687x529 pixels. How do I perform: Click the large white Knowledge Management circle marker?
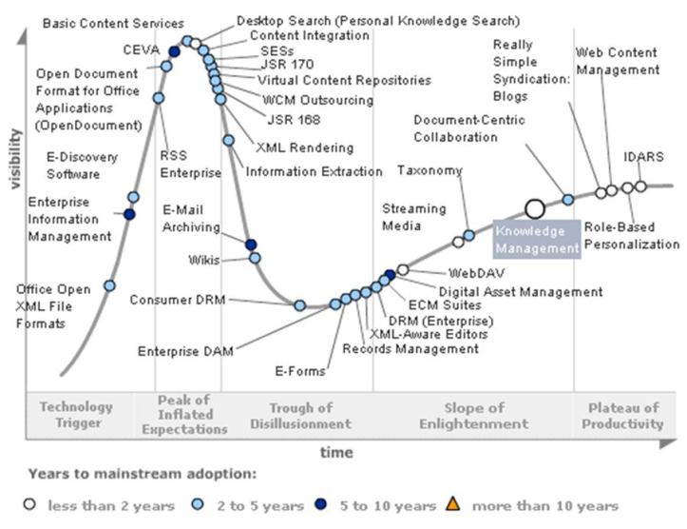coord(535,209)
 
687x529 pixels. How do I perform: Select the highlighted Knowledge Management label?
coord(537,240)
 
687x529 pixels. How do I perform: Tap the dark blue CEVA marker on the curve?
coord(174,51)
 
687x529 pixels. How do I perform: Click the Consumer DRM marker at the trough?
coord(299,304)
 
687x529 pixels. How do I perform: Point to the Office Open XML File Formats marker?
coord(109,285)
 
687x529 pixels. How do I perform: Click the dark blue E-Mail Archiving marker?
coord(251,245)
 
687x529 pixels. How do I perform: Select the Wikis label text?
coord(203,260)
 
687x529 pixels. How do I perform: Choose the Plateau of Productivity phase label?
coord(620,416)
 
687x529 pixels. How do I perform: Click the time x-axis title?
coord(335,452)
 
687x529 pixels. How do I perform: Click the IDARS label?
coord(643,155)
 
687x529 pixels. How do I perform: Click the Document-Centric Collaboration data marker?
coord(568,200)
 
